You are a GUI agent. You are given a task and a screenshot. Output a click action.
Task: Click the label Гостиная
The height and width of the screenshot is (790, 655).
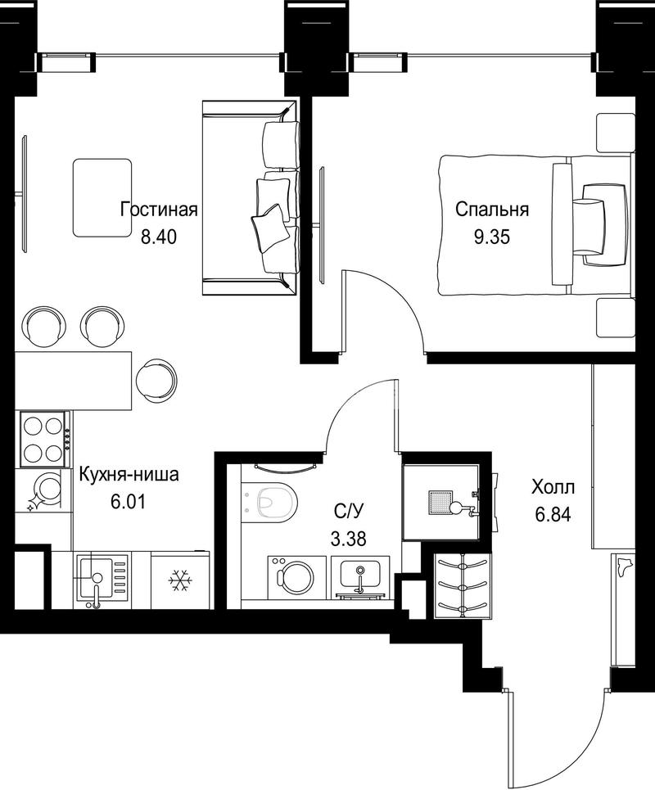click(x=159, y=209)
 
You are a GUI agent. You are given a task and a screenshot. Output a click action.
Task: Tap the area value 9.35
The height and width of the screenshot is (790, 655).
click(x=492, y=237)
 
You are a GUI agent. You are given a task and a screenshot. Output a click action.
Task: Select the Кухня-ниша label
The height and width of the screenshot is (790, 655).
click(x=129, y=475)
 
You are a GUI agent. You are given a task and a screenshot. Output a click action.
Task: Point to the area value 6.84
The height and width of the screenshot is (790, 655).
click(x=553, y=515)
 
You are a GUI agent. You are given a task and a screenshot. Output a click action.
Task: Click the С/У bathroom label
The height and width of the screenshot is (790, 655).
click(x=348, y=512)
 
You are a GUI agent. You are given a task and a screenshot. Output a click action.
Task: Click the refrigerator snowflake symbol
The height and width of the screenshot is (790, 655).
click(x=180, y=581)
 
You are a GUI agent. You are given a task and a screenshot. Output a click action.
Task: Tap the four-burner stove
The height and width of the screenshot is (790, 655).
click(x=44, y=438)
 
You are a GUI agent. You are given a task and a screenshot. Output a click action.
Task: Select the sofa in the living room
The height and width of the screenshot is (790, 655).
click(x=250, y=198)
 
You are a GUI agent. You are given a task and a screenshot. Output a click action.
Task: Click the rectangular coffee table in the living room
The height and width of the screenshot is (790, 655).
click(x=102, y=197)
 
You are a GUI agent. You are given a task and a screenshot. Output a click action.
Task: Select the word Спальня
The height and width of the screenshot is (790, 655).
click(x=492, y=209)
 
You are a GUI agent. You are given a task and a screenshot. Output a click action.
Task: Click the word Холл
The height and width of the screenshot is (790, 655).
click(x=553, y=487)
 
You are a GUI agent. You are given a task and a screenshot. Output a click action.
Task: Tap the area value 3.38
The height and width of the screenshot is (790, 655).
click(x=348, y=539)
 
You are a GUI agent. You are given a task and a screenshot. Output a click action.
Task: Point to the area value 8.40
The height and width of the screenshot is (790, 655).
click(x=159, y=237)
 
